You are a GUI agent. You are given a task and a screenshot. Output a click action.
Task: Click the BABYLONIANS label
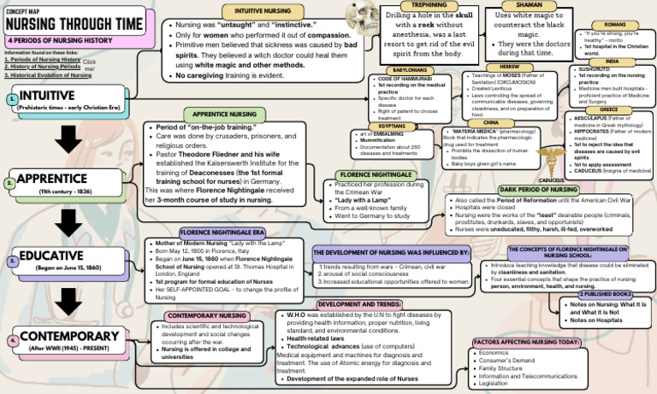click(411, 70)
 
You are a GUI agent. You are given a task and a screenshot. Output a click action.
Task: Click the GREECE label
click(608, 109)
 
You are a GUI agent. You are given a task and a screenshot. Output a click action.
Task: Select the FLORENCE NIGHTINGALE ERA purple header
click(222, 232)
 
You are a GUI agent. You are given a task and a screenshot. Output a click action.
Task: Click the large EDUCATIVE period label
click(51, 256)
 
